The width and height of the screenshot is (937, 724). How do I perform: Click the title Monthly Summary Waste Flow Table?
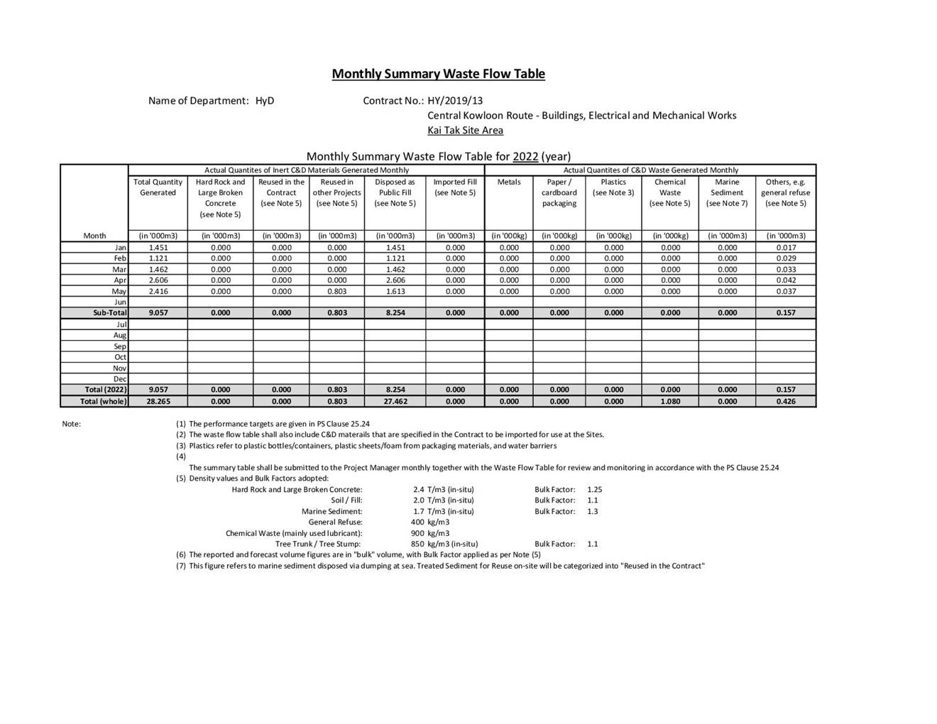(x=438, y=74)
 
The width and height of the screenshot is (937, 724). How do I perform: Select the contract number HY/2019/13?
(x=455, y=101)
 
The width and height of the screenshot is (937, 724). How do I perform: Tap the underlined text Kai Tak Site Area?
(x=465, y=130)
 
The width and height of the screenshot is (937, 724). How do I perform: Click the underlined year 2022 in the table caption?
(x=525, y=156)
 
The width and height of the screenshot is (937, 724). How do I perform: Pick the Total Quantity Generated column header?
(x=158, y=187)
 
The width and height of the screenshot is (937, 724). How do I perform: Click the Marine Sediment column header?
(x=727, y=187)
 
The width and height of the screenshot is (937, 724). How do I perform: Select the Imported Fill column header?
(x=455, y=187)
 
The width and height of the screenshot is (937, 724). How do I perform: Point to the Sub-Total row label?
(x=110, y=312)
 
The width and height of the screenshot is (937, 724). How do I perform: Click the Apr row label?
(x=120, y=280)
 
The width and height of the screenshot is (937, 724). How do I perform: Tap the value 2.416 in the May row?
(x=158, y=291)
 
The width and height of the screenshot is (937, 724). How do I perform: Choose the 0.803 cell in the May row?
(x=337, y=291)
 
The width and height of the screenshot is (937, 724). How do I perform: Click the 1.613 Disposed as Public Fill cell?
(x=395, y=291)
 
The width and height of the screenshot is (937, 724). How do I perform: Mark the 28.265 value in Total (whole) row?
(x=158, y=401)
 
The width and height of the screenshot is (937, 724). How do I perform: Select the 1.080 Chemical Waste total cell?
(x=670, y=401)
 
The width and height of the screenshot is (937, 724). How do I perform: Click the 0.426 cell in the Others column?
(x=786, y=401)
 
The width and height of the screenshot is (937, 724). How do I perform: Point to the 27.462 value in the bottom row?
(x=395, y=401)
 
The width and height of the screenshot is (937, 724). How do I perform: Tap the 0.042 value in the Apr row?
(x=786, y=280)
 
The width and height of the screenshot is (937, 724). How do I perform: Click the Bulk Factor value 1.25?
(x=595, y=489)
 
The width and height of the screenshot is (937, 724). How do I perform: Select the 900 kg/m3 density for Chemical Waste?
(x=429, y=533)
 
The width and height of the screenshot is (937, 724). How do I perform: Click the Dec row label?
(x=120, y=379)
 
